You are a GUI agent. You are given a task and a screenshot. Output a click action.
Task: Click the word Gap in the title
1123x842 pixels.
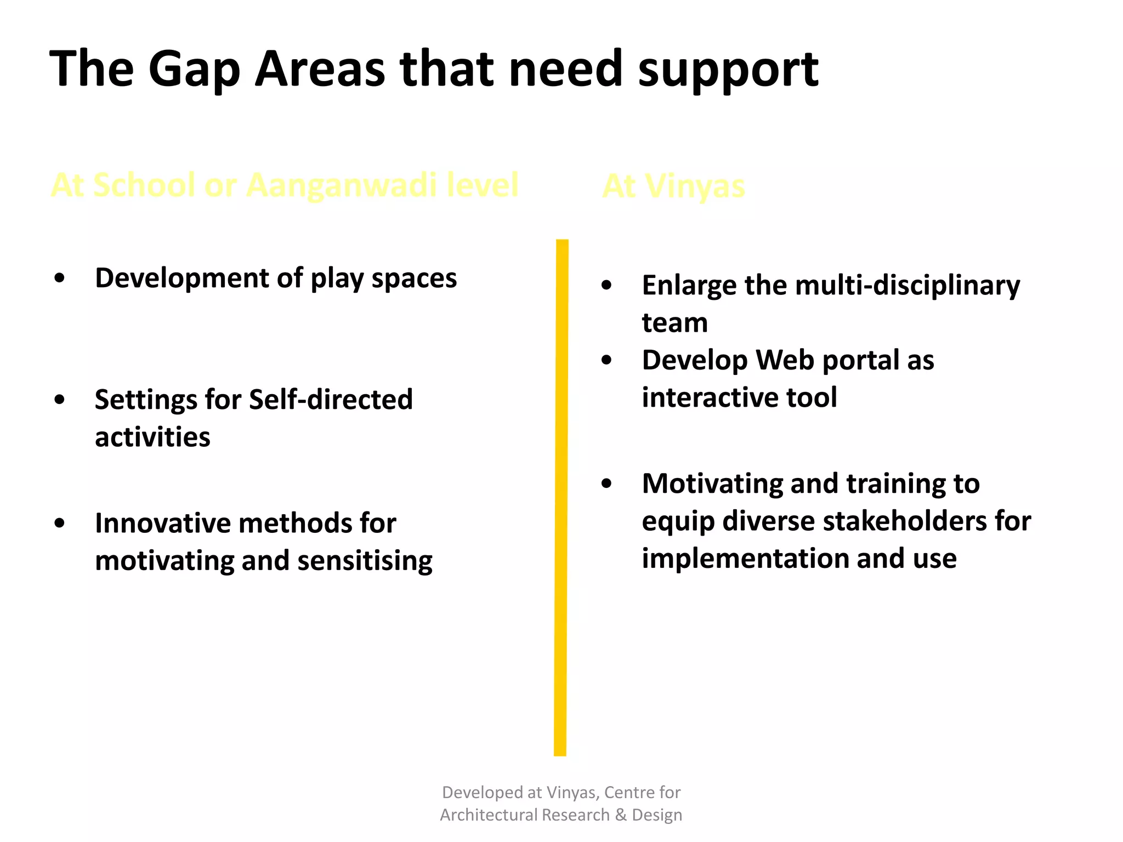pyautogui.click(x=194, y=70)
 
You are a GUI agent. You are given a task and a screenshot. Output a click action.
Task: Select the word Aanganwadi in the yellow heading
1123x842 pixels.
pyautogui.click(x=341, y=185)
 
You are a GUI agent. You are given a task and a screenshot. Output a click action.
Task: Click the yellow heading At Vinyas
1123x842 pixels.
pyautogui.click(x=674, y=186)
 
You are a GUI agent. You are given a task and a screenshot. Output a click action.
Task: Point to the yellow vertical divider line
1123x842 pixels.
pyautogui.click(x=561, y=493)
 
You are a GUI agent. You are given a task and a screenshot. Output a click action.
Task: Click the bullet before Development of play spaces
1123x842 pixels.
pyautogui.click(x=60, y=278)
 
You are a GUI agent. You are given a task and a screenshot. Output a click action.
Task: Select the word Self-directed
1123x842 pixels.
pyautogui.click(x=331, y=399)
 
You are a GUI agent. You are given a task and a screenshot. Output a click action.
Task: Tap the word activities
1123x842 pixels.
pyautogui.click(x=152, y=437)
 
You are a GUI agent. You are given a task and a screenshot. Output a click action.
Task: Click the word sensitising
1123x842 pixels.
pyautogui.click(x=365, y=561)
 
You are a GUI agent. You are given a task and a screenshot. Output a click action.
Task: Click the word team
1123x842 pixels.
pyautogui.click(x=674, y=322)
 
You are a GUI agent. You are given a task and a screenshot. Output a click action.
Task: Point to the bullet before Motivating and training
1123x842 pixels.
pyautogui.click(x=606, y=483)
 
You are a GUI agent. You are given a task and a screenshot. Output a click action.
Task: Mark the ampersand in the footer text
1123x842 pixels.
pyautogui.click(x=621, y=815)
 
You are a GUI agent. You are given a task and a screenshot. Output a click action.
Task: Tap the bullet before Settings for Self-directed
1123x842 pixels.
pyautogui.click(x=60, y=400)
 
